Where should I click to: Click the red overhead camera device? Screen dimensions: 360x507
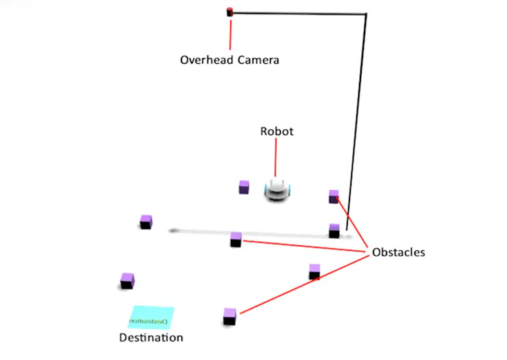(x=230, y=12)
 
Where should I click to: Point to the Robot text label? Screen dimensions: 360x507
(x=276, y=131)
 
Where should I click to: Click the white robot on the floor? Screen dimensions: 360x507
(x=277, y=190)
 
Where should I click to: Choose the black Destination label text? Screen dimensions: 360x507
(x=151, y=337)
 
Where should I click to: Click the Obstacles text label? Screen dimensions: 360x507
(x=398, y=252)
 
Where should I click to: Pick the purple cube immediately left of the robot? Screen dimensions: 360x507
(x=243, y=187)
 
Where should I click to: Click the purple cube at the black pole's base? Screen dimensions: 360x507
(x=334, y=230)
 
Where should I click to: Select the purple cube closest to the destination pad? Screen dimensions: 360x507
(x=127, y=280)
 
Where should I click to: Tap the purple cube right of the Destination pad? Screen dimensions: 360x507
(x=230, y=316)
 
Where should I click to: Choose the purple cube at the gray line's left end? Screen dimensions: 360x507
(x=146, y=221)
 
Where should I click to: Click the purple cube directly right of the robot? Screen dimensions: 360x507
(x=334, y=197)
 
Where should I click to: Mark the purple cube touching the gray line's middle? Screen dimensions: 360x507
(x=236, y=239)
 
